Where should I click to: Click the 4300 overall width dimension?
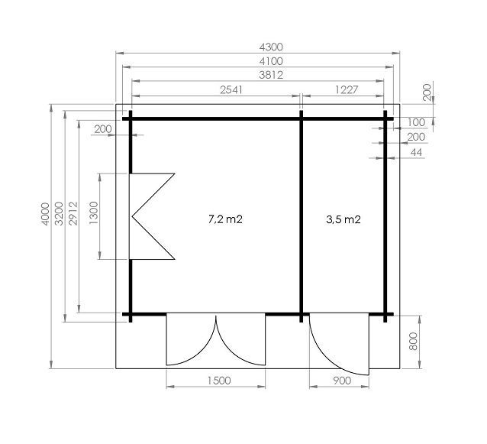[x=271, y=47]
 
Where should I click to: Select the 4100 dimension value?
[x=271, y=61]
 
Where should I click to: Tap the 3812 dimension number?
[x=271, y=75]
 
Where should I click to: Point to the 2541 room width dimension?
[x=231, y=90]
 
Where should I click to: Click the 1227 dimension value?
[x=347, y=90]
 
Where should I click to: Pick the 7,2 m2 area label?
[x=225, y=219]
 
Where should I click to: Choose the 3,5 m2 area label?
[x=343, y=219]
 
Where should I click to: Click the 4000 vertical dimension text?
[x=45, y=214]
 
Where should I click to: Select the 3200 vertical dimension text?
[x=59, y=214]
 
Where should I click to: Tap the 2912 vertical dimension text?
[x=73, y=214]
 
